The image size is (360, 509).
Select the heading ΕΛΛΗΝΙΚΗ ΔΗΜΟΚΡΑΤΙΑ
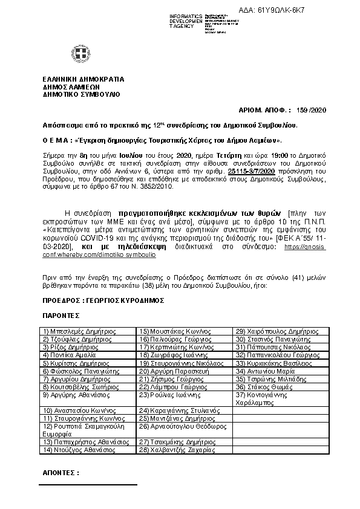tap(83, 79)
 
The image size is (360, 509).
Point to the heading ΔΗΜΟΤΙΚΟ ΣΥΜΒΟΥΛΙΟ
tap(81, 94)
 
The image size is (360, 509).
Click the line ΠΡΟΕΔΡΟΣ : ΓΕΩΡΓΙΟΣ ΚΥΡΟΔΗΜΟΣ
tap(103, 300)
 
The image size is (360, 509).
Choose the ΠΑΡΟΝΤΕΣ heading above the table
tap(61, 316)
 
